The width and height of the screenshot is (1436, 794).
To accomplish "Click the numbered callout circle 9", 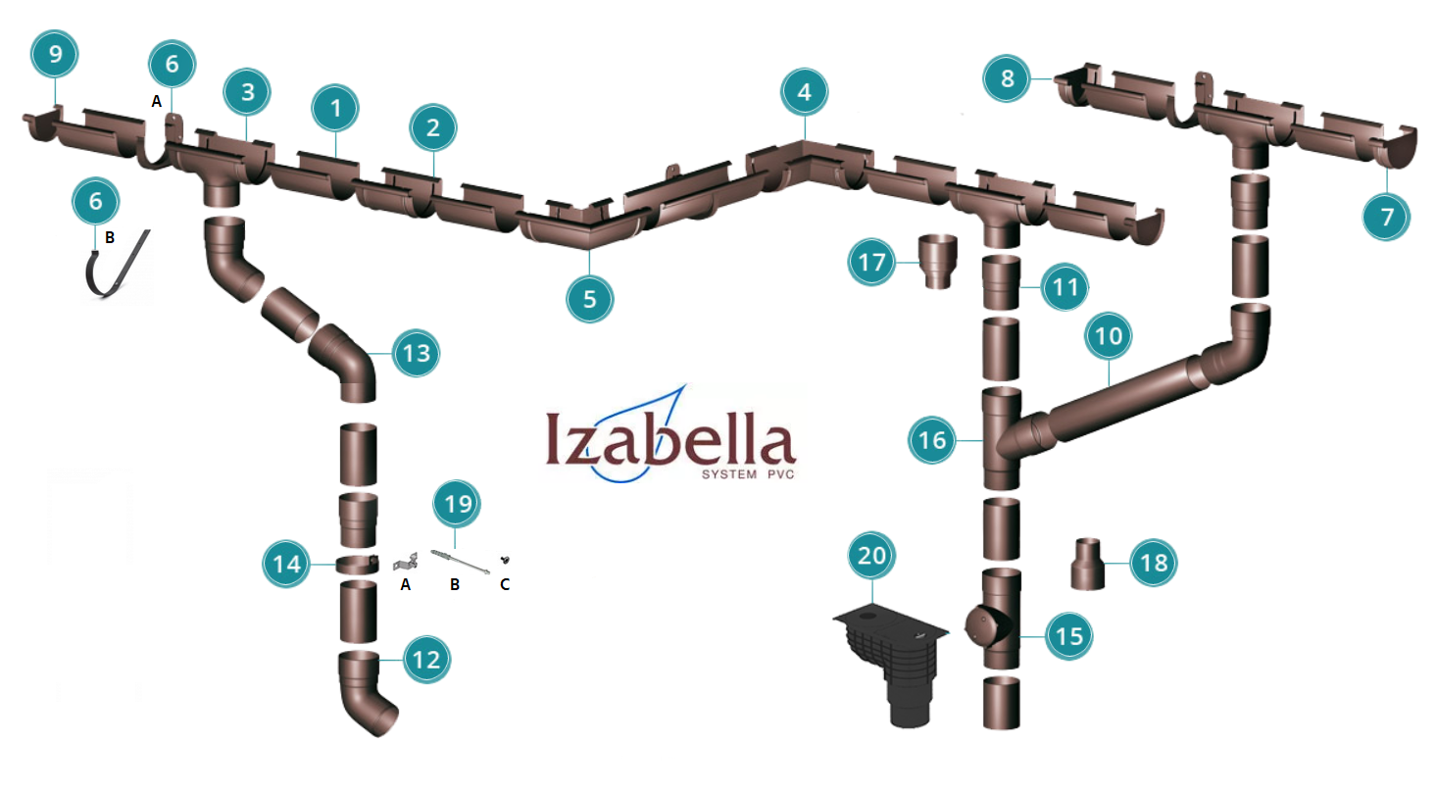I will (x=55, y=55).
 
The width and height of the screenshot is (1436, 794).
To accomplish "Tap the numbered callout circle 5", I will (x=589, y=299).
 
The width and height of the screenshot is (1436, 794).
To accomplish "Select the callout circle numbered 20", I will (x=871, y=556).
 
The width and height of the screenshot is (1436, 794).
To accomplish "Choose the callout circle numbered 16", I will (x=932, y=440).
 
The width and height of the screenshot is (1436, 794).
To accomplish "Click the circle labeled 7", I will (x=1386, y=217).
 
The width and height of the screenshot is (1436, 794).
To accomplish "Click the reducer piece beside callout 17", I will (x=940, y=262).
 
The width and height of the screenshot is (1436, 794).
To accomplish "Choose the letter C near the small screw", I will (x=505, y=585).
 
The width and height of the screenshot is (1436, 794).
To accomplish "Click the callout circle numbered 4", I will (x=804, y=93).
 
